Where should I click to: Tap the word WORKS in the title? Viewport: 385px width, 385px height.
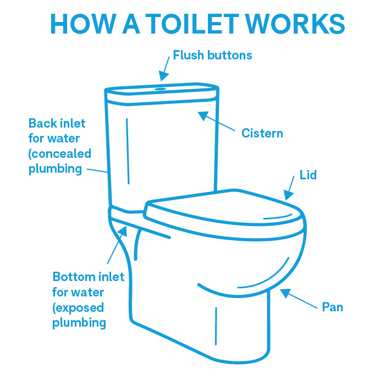(x=295, y=24)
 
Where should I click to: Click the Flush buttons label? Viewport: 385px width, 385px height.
(x=212, y=55)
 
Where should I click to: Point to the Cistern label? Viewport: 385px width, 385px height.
(x=262, y=133)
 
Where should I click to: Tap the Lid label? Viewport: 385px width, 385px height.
(x=308, y=175)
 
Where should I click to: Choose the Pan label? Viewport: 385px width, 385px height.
(x=332, y=307)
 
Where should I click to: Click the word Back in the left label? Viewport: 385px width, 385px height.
(x=43, y=123)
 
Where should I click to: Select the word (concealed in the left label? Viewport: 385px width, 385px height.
(x=60, y=153)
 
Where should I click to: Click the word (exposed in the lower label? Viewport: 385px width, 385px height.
(x=78, y=307)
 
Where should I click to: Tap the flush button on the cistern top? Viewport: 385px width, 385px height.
(x=160, y=89)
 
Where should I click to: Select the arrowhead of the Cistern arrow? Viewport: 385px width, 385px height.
(x=204, y=116)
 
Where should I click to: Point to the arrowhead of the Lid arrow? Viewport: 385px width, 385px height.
(x=288, y=195)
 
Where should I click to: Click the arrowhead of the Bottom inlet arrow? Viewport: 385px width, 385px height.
(x=123, y=232)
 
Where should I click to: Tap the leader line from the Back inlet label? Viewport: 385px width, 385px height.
(x=97, y=170)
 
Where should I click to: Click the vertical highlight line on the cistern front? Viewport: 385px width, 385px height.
(x=128, y=151)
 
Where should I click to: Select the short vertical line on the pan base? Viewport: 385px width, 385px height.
(x=216, y=326)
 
